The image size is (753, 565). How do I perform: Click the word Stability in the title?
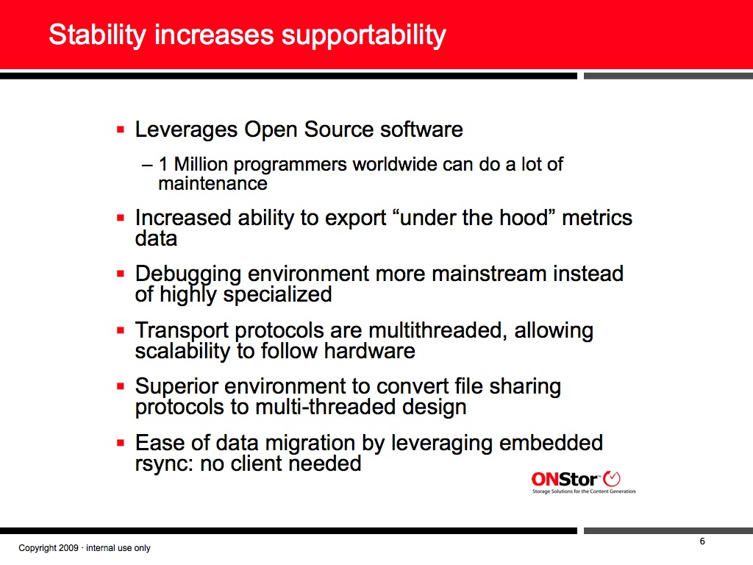(x=97, y=35)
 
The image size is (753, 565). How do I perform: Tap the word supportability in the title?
(x=363, y=36)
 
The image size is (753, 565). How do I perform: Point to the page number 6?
(x=702, y=541)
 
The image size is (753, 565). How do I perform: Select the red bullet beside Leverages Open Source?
(x=121, y=129)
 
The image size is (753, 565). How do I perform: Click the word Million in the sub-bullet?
(x=201, y=164)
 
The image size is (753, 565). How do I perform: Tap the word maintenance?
(x=213, y=183)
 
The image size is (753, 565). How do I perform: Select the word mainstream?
(x=489, y=274)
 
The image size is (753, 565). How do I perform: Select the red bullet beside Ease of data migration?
(x=121, y=443)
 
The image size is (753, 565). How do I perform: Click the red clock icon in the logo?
(x=611, y=478)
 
